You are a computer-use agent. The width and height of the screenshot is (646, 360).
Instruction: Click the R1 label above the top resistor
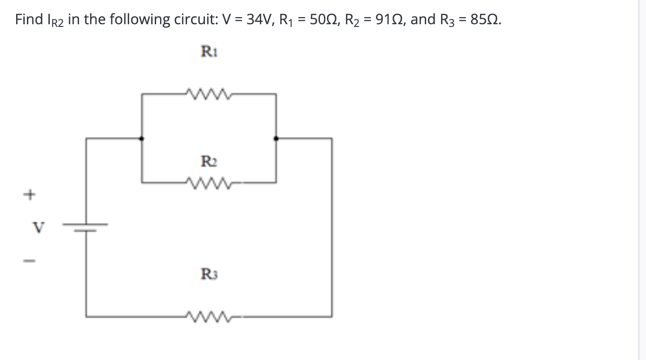tap(209, 52)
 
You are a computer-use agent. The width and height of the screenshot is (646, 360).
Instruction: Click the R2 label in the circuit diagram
tap(208, 160)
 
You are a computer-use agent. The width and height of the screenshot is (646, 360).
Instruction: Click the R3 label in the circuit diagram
tap(209, 273)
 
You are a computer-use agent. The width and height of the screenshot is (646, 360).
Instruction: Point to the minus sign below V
tap(29, 260)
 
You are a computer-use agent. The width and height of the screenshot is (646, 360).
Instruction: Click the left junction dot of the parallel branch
tap(142, 139)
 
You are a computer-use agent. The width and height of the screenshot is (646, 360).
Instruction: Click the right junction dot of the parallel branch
tap(276, 139)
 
